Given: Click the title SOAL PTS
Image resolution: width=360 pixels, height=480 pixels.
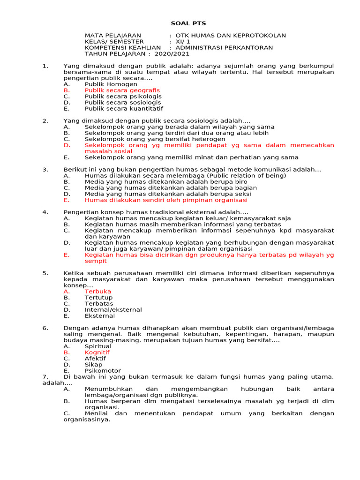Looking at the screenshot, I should tap(188, 23).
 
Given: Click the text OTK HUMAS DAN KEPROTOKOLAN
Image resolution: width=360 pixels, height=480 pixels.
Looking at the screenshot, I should tap(230, 36).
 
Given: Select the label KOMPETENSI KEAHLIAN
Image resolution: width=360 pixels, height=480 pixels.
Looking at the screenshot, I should tap(122, 48).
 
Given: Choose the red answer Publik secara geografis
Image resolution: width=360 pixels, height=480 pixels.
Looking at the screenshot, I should tap(122, 90).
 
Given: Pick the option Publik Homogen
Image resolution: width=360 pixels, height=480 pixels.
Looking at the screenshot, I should tap(111, 84).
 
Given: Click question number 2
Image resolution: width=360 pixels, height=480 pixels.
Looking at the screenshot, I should tap(45, 121).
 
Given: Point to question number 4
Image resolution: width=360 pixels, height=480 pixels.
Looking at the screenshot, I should tap(45, 212).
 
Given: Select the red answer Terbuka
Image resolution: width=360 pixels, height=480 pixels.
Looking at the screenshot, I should tap(98, 292).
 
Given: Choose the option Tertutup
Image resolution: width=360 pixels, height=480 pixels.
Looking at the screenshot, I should tap(98, 298).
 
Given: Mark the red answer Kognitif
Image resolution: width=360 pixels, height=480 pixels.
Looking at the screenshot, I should tap(97, 352).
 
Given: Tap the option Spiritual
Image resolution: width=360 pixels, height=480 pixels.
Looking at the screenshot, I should tap(98, 346).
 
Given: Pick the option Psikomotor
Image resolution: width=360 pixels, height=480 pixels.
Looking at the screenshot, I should tap(103, 371).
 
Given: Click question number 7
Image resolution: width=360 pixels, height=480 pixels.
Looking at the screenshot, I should tap(45, 377).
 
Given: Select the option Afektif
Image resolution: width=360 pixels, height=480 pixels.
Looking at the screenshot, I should tap(95, 359).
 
